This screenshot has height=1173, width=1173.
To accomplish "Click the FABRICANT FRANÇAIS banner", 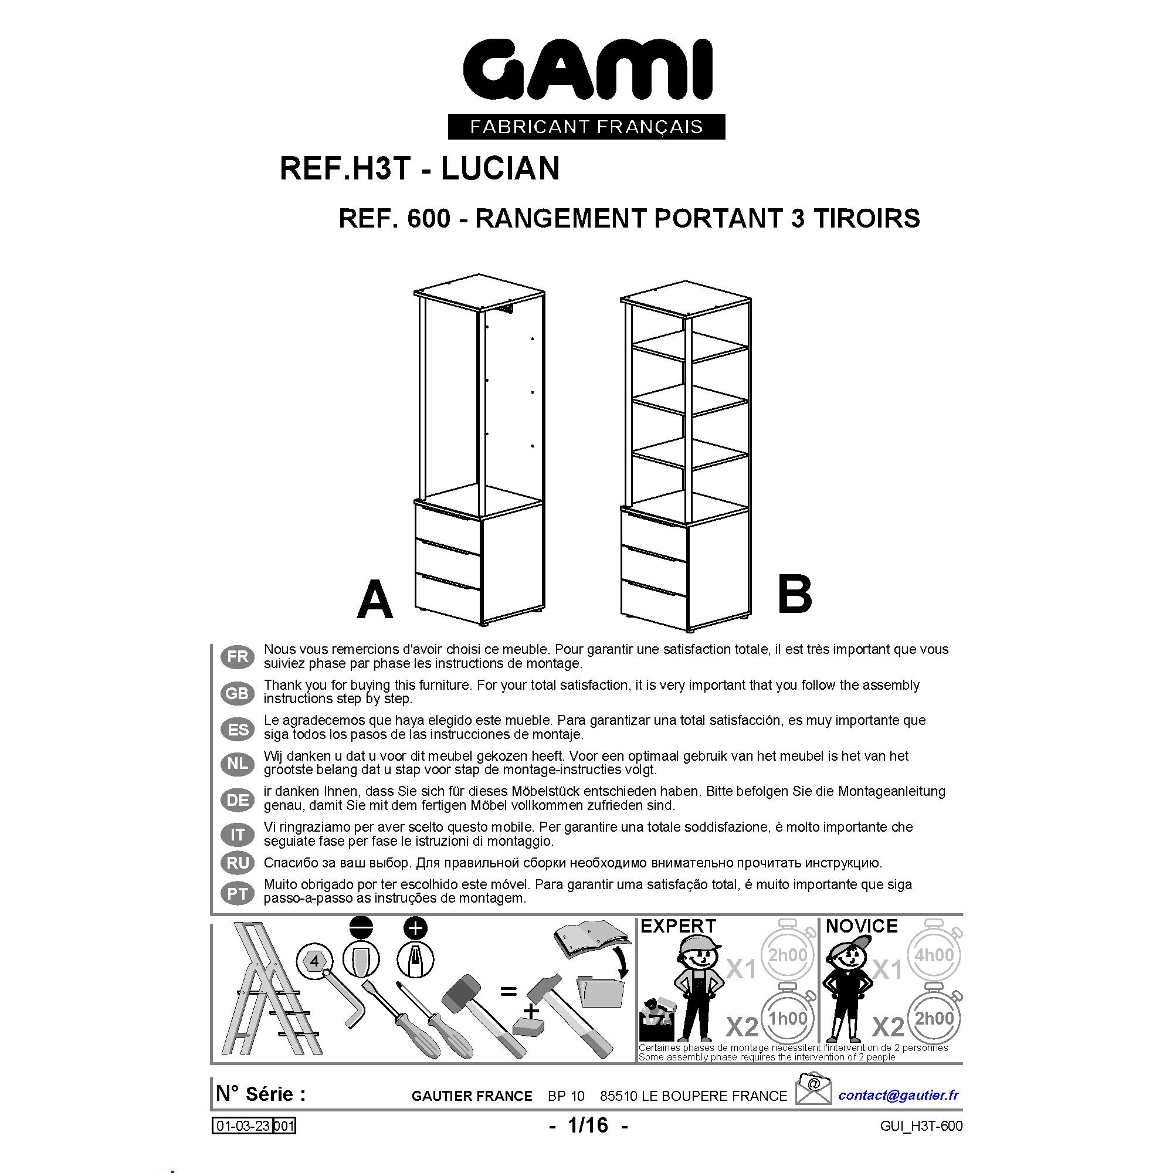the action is click(x=586, y=126).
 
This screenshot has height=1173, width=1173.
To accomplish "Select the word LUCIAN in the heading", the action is click(x=500, y=168).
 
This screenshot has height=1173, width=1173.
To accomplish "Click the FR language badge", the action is click(x=238, y=656).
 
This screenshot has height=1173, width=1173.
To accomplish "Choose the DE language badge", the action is click(x=238, y=799).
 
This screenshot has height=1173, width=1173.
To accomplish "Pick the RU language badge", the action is click(x=238, y=863).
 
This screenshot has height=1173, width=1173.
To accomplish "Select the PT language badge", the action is click(x=238, y=894).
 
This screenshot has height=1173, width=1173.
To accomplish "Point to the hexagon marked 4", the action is click(x=314, y=961).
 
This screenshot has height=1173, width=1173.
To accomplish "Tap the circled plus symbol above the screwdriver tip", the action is click(x=415, y=928).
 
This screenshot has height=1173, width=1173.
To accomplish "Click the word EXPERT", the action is click(x=678, y=926).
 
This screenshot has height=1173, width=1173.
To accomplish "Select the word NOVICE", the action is click(x=862, y=926).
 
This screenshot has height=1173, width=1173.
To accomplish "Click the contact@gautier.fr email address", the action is click(x=899, y=1094).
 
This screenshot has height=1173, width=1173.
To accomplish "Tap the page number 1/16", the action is click(x=588, y=1125).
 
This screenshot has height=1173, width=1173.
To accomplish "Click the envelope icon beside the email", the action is click(x=813, y=1090).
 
